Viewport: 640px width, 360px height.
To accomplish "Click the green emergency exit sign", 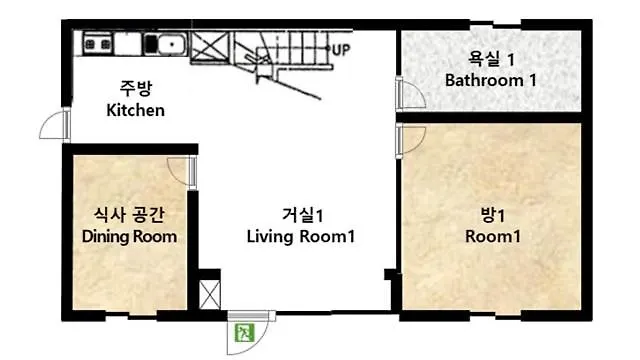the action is click(245, 333).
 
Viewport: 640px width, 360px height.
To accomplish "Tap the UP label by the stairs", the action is click(341, 50).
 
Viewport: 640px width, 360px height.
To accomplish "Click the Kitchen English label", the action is click(136, 110).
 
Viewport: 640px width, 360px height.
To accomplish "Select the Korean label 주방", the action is click(136, 88).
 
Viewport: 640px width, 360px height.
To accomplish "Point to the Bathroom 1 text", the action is click(491, 80).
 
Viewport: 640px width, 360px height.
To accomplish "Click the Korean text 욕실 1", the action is click(491, 59).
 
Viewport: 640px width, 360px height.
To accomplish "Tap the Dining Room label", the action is click(129, 237).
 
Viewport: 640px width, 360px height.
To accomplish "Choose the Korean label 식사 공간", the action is click(129, 215).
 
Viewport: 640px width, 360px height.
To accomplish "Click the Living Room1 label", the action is click(301, 237).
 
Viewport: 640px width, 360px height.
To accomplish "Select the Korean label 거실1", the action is click(302, 215).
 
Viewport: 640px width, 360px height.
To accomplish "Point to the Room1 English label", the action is click(493, 237).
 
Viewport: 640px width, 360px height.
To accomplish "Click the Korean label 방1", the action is click(493, 215).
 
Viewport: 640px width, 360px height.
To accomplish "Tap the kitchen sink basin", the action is click(172, 44).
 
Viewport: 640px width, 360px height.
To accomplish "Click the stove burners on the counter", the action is click(98, 44).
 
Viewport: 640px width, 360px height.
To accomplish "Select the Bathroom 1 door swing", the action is click(411, 93).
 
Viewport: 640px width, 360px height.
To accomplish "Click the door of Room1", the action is click(411, 141).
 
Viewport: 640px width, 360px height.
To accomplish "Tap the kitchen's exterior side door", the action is click(55, 124).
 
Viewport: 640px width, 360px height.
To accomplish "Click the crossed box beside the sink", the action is click(210, 47).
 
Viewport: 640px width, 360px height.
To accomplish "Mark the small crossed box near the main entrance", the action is click(210, 295).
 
